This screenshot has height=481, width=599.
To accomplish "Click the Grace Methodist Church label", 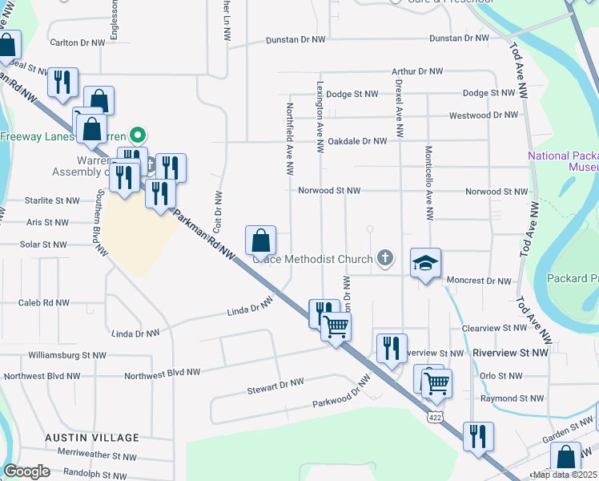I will pos(313,259).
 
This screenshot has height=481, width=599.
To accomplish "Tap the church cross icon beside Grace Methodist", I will pos(385,258).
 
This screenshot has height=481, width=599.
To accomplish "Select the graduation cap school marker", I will pos(425,262).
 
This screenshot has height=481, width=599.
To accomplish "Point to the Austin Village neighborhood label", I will pos(91,438).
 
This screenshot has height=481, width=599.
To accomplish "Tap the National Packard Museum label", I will pos(562,161).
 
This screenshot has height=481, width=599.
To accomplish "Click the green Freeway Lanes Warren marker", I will pos(137,135).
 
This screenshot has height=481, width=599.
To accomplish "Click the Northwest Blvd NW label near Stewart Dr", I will pos(160,374).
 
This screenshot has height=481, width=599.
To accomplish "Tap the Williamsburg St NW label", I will pos(66,354).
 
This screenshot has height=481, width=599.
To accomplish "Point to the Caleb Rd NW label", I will pos(44,303).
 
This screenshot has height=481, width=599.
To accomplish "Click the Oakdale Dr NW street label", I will pos(352,140).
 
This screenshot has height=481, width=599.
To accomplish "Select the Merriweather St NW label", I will pos(90,455).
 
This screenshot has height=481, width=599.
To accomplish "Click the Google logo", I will pos(26,471).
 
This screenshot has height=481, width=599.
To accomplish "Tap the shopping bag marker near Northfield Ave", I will pos(261,240).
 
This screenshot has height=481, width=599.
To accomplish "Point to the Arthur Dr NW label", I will pos(417,71).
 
